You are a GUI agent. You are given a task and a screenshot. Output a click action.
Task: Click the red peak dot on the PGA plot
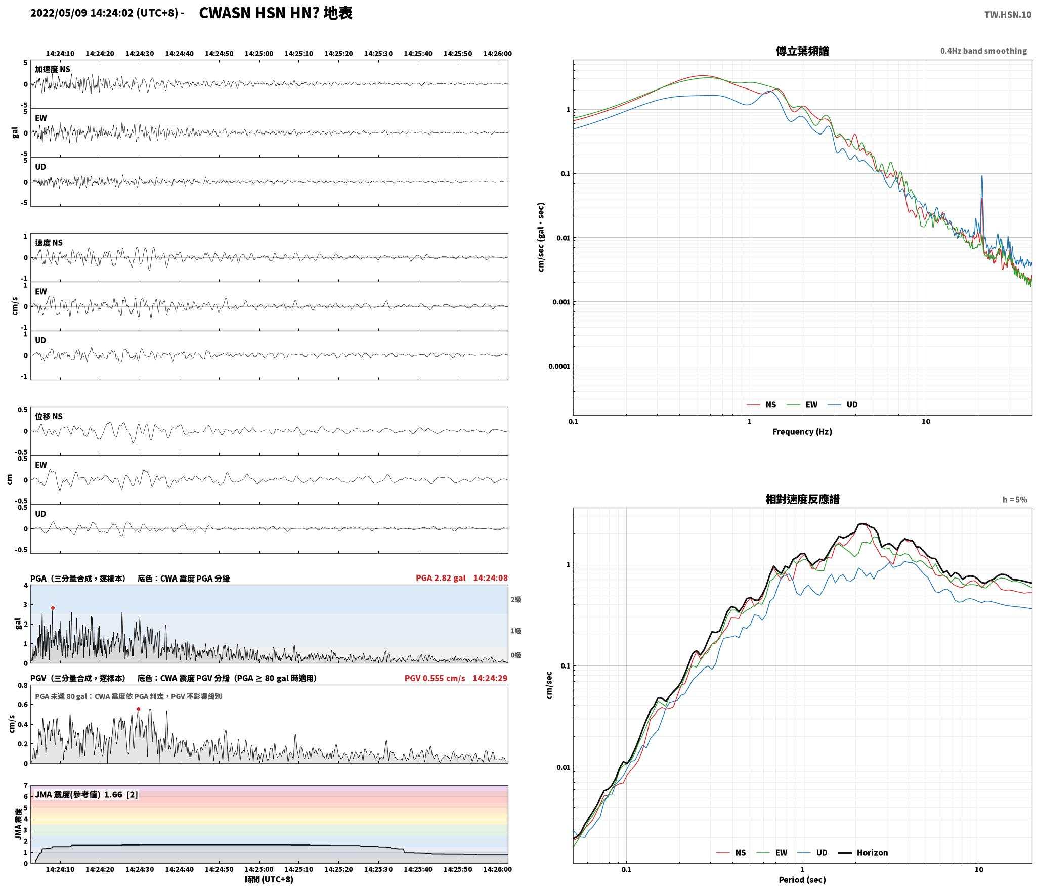point(53,608)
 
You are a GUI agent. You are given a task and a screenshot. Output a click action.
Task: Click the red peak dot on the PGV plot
point(138,709)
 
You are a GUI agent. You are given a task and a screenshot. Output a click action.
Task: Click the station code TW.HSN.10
point(1008,15)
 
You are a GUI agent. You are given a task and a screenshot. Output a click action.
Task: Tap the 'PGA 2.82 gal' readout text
point(441,578)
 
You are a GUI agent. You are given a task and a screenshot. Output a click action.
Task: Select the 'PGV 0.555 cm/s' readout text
point(435,678)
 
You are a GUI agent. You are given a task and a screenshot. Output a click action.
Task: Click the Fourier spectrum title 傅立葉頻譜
point(802,51)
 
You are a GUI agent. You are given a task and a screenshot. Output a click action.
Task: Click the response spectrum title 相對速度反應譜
point(802,499)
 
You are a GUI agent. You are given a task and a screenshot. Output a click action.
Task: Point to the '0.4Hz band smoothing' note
point(983,51)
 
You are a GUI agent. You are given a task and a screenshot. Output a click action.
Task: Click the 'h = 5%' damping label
point(1015,500)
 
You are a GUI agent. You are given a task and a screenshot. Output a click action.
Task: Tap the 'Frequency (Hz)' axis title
point(802,432)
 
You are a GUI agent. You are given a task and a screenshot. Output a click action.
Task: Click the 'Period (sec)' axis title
point(802,880)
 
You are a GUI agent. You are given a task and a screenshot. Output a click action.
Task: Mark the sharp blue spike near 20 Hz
point(982,176)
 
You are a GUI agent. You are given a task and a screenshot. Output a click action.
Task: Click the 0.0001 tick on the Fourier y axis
point(559,366)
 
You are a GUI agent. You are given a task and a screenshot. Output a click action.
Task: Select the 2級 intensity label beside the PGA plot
point(515,600)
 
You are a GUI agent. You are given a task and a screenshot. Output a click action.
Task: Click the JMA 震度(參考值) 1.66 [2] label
point(86,795)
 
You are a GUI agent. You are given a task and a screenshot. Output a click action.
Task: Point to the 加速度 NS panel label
point(53,69)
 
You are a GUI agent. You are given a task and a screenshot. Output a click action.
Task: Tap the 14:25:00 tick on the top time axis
point(259,54)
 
